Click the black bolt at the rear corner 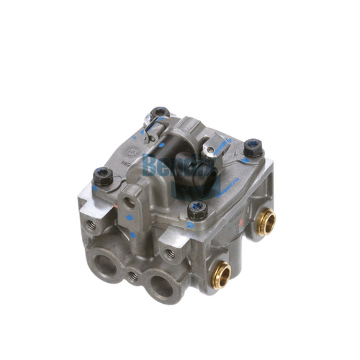coord(160,113)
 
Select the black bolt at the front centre coord(197,209)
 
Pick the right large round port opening coord(161,287)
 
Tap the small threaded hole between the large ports coord(132,275)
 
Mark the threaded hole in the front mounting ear coord(170,253)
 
